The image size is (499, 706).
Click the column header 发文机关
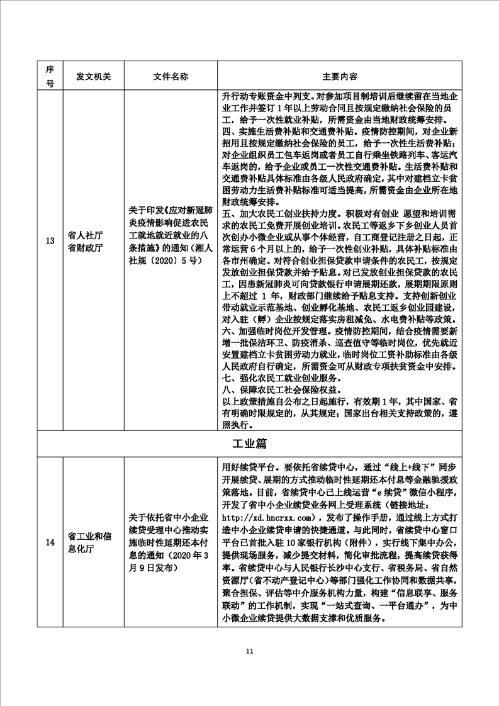(93, 76)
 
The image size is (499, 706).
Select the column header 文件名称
(171, 76)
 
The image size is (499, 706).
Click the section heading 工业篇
(249, 444)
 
